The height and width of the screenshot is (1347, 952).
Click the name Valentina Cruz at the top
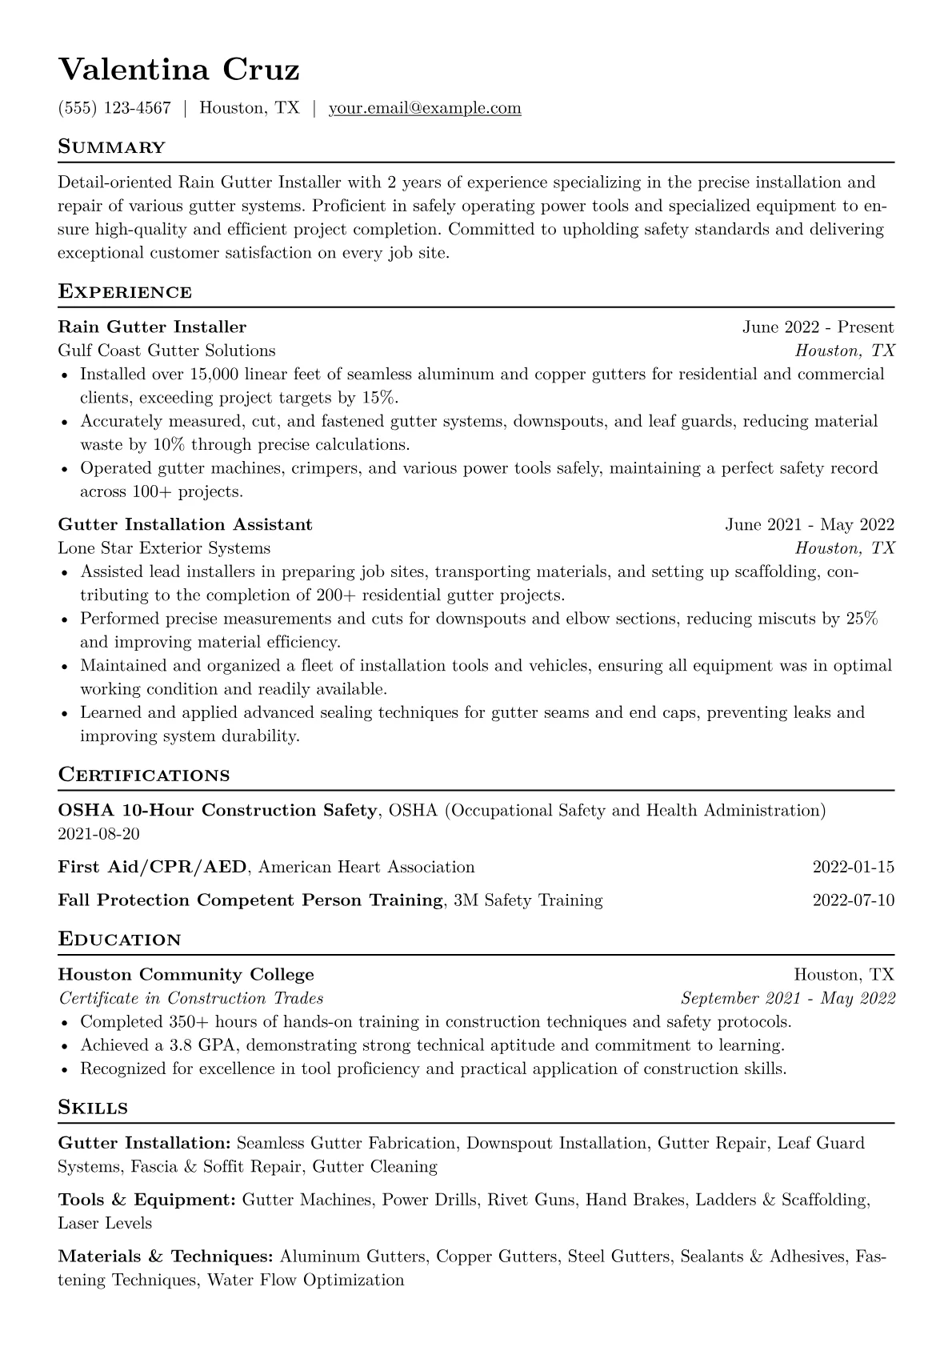[178, 70]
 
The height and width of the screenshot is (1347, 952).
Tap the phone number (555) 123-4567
[114, 108]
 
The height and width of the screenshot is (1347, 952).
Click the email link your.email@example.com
[425, 108]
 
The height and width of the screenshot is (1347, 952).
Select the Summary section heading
[111, 147]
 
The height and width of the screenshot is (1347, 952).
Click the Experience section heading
[125, 292]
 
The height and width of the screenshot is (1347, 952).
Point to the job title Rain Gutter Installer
[152, 327]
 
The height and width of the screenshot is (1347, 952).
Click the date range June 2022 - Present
[818, 327]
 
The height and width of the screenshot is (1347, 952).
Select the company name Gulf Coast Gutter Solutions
[166, 351]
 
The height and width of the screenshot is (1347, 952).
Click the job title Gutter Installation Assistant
[185, 524]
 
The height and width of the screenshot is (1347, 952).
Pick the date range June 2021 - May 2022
[809, 524]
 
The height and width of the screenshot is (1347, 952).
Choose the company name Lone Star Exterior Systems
[164, 548]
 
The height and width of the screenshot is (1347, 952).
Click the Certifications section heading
[144, 776]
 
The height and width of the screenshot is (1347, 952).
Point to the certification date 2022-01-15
[853, 867]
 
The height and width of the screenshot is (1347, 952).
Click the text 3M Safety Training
[527, 900]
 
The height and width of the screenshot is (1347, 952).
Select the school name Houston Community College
[186, 975]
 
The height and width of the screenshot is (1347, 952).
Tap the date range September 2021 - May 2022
[787, 998]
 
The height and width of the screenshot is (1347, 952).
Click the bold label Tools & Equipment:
[146, 1200]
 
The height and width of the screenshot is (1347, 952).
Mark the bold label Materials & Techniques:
[166, 1257]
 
